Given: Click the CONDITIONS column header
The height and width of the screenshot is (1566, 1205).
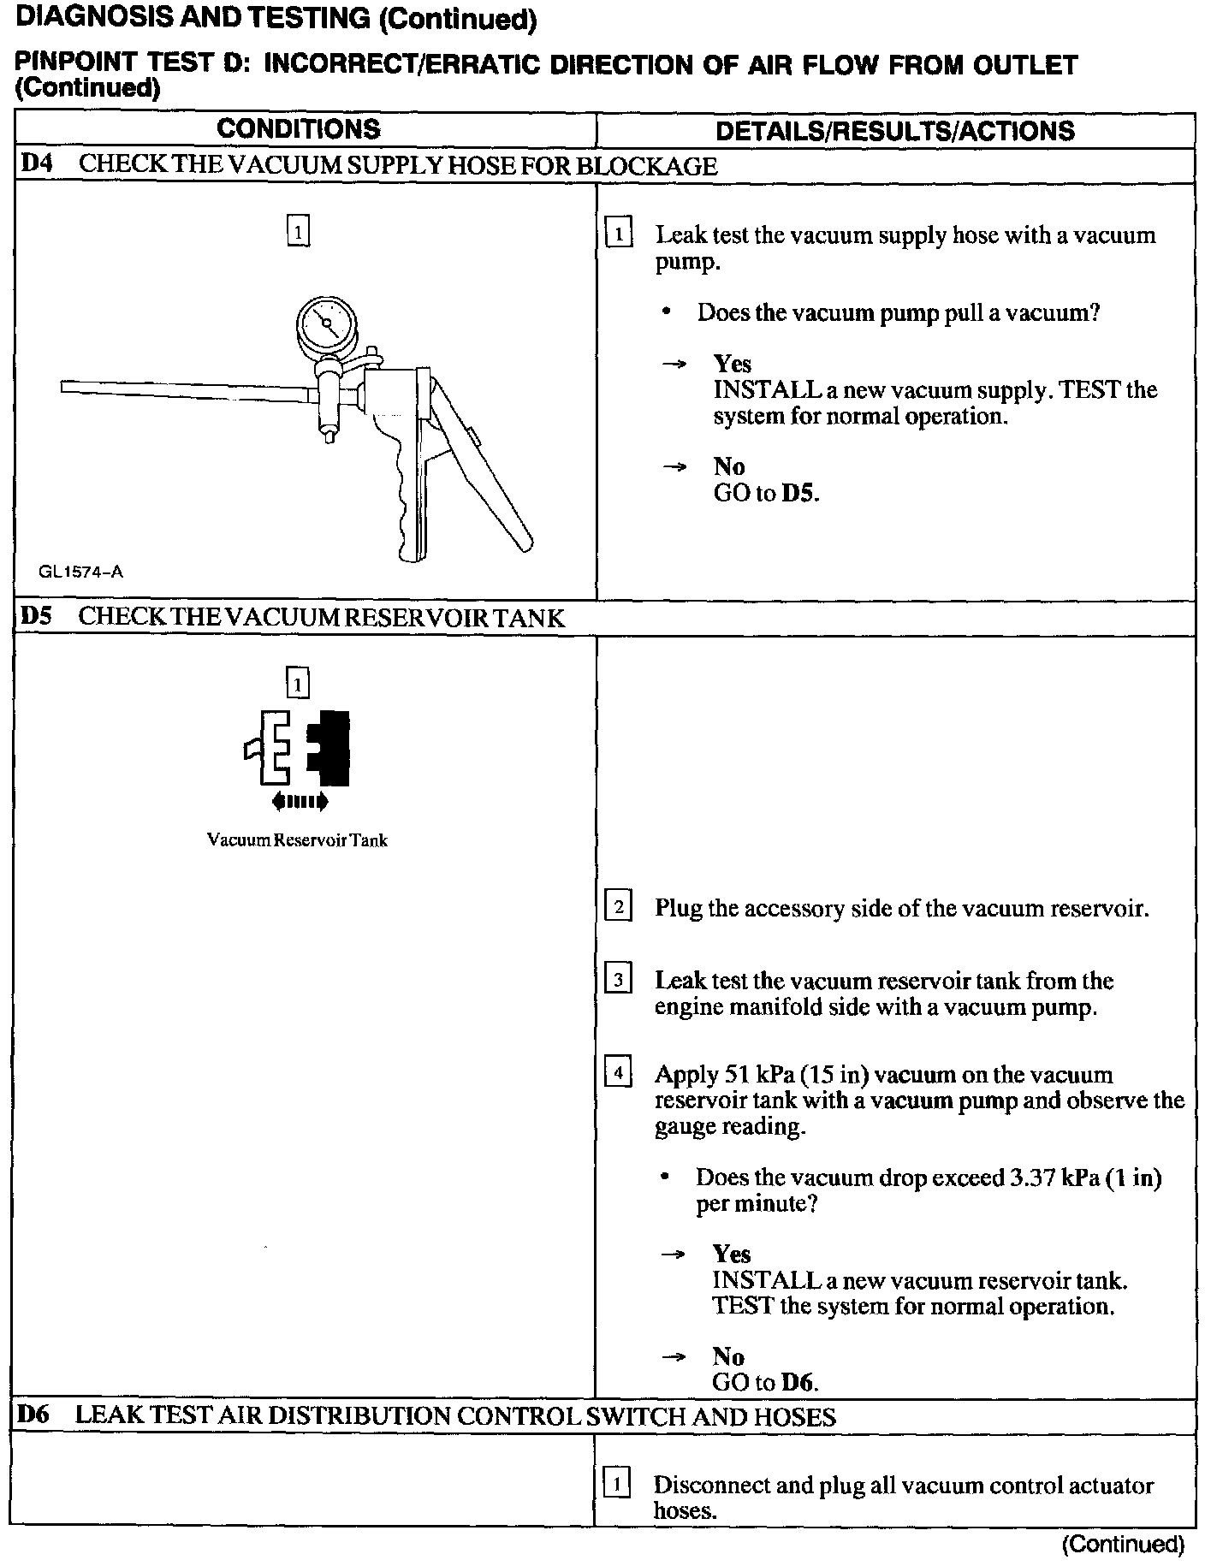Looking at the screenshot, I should tap(298, 129).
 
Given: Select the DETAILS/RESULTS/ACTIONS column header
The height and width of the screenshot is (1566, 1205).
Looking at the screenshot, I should tap(894, 131).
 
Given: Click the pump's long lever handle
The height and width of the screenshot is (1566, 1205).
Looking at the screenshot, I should tap(484, 479).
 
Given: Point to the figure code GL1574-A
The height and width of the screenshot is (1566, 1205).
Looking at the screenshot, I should tap(80, 572).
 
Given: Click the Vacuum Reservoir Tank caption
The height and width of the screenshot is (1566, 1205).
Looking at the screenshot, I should tap(297, 840).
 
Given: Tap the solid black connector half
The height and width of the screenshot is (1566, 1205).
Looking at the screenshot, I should tap(330, 748).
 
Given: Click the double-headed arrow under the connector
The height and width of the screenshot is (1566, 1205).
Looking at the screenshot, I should tap(299, 802).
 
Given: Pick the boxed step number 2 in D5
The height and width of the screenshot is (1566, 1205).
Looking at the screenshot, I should tap(618, 906).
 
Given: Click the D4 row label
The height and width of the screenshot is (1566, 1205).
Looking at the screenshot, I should tap(36, 164).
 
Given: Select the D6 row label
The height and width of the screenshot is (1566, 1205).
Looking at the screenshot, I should tap(34, 1415).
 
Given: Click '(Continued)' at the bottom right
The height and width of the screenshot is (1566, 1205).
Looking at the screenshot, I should tap(1122, 1544).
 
